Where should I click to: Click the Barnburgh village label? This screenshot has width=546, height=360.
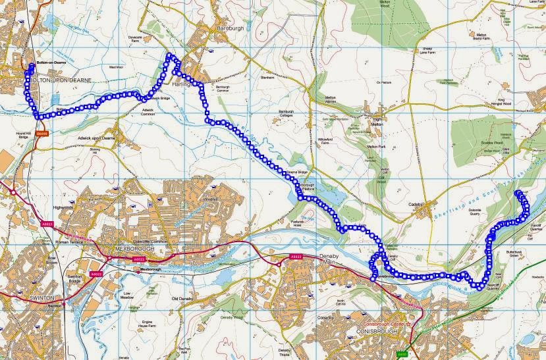(231, 29)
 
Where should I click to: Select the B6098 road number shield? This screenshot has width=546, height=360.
(43, 132)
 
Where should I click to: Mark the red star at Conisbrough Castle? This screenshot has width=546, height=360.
(410, 324)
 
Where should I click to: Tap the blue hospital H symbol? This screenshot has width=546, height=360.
(150, 204)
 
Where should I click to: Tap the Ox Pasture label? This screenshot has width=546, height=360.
(383, 82)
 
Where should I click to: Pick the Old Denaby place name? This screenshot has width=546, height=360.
(183, 299)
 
